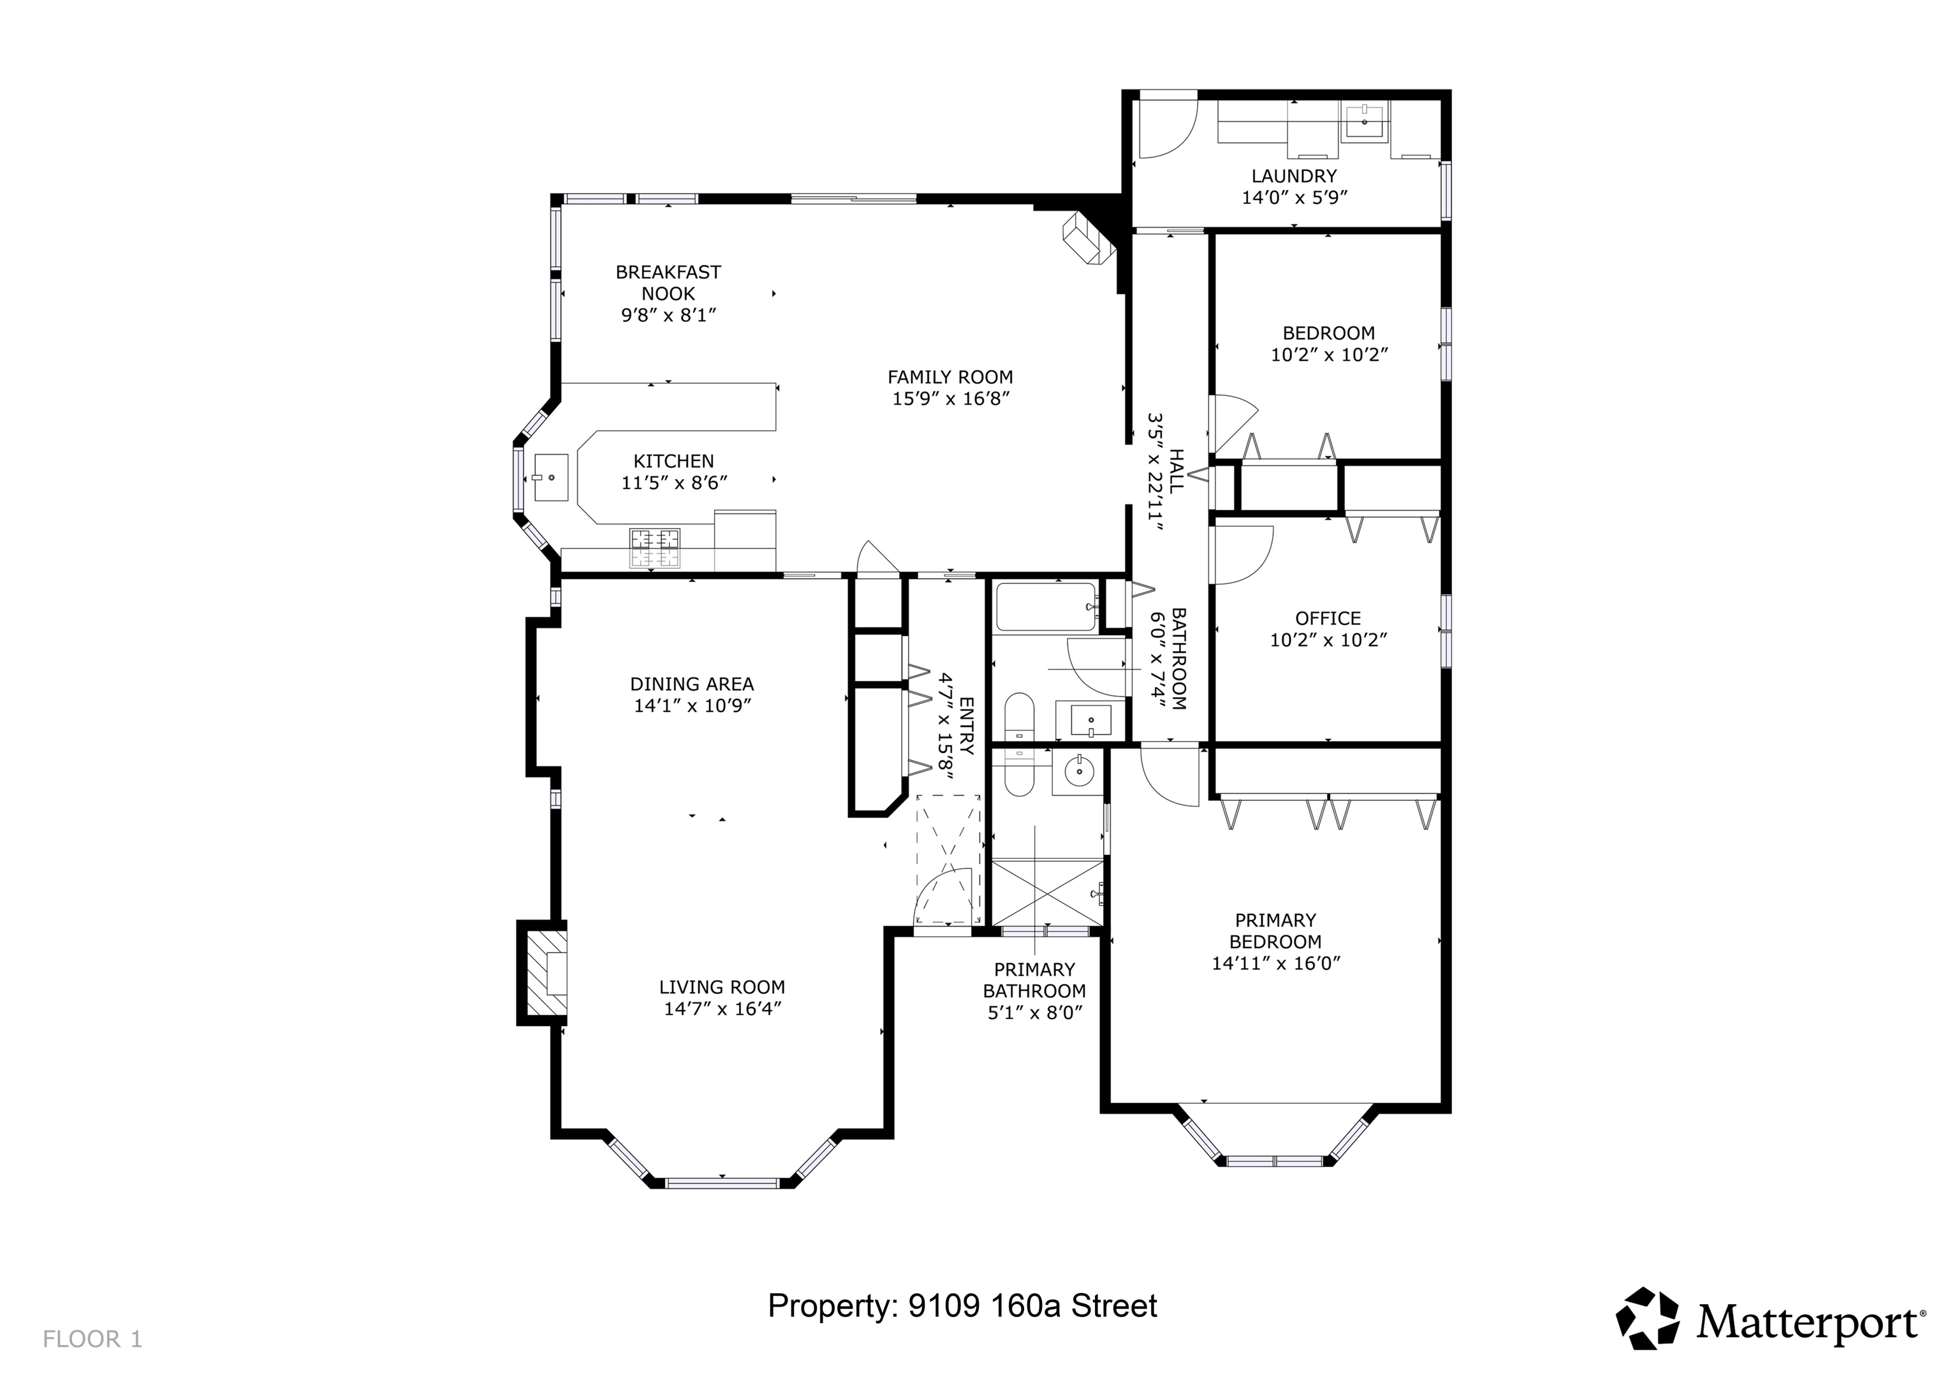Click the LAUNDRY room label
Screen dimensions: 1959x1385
pos(1293,176)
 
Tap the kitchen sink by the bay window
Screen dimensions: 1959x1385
pos(550,478)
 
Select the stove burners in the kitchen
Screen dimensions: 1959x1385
pos(656,549)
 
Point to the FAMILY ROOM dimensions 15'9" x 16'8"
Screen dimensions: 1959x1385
pos(951,399)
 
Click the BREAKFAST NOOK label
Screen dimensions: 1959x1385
pos(668,282)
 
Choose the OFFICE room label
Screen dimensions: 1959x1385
pos(1328,618)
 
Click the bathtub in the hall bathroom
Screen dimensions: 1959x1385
pos(1046,607)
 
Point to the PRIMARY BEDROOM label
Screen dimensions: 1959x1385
pos(1275,931)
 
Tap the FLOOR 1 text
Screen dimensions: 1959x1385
pos(92,1339)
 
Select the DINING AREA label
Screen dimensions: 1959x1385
pos(692,684)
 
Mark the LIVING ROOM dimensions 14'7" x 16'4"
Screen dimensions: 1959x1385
pos(723,1009)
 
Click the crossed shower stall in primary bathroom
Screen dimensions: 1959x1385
pos(1048,893)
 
